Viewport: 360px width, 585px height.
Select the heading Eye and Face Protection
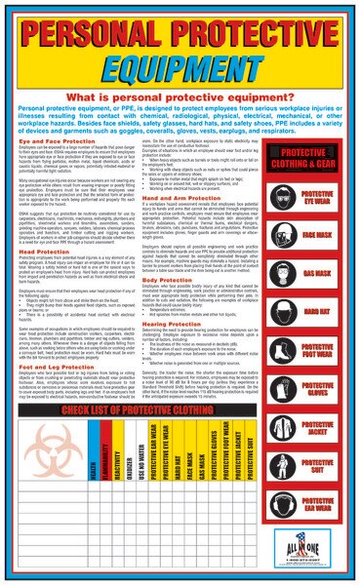tap(50, 142)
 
